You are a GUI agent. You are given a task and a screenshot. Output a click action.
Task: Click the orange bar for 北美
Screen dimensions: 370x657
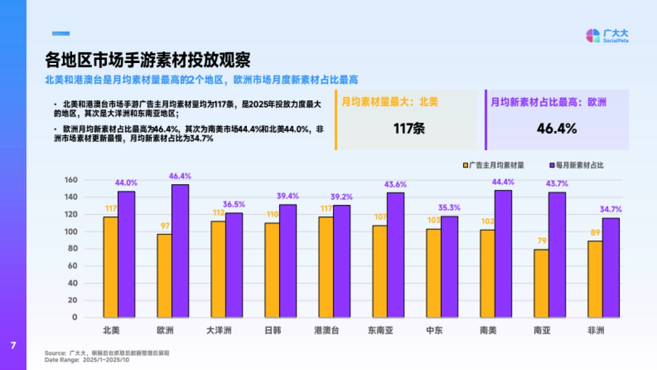(111, 267)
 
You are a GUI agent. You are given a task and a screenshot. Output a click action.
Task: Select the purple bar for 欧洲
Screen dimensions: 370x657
(180, 251)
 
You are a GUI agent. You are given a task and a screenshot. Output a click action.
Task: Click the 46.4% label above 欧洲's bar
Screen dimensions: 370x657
(180, 176)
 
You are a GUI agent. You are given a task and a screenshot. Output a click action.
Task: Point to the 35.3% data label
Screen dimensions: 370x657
(449, 208)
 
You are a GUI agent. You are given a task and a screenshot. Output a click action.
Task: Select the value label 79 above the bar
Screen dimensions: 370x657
(541, 241)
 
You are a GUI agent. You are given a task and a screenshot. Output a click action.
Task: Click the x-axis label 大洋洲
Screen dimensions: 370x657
(218, 331)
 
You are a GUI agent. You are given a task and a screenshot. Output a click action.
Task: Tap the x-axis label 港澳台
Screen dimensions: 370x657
(326, 331)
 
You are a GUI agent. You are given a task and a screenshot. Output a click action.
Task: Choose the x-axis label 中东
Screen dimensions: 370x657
(434, 331)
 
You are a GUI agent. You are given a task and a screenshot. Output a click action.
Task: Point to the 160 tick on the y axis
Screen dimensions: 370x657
(71, 180)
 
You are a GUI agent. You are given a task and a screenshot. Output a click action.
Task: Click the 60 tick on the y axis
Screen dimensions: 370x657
(73, 266)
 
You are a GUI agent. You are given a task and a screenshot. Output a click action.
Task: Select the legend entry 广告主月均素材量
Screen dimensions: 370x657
(493, 165)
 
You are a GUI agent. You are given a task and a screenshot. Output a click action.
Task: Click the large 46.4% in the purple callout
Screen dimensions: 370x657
(557, 129)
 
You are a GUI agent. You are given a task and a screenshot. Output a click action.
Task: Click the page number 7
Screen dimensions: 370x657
(13, 345)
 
